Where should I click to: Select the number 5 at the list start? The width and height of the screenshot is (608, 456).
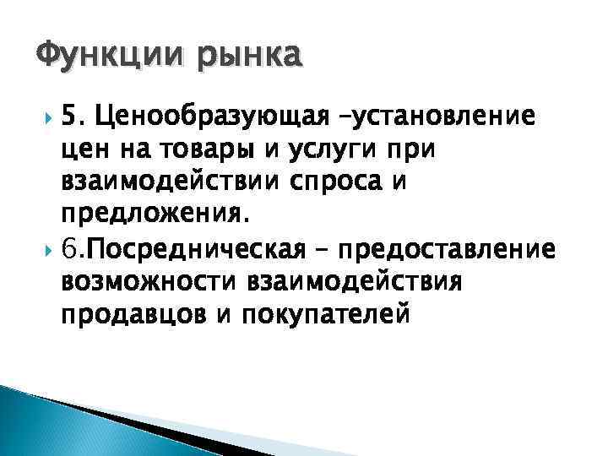click(68, 114)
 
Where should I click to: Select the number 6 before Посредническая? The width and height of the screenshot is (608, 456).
click(68, 250)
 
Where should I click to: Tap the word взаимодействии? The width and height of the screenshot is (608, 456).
click(166, 182)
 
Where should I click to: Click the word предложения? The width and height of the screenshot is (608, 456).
click(155, 215)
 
